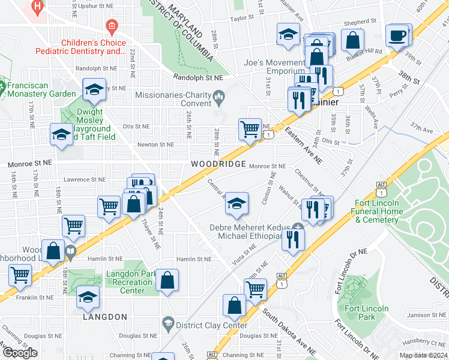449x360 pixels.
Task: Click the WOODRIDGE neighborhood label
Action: coord(218,164)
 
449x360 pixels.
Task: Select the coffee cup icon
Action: coord(397,35)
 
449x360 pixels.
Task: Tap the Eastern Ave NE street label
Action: coord(303,146)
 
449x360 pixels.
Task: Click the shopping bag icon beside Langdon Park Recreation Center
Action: coord(167,280)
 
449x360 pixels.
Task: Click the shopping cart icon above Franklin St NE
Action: coord(20,275)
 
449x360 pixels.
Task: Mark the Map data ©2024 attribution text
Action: coord(424,355)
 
